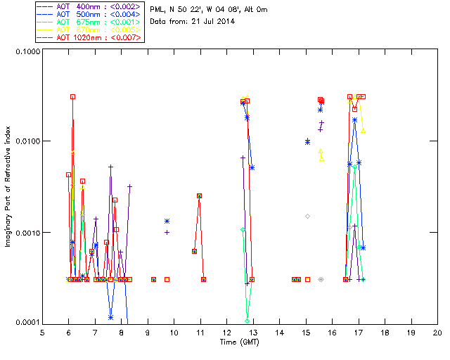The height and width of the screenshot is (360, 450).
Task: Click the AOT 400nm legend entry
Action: (89, 6)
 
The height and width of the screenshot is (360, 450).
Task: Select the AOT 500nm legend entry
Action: (89, 14)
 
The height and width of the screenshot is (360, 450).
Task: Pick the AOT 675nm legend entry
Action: (89, 22)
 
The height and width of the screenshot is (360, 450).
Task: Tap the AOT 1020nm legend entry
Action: (89, 37)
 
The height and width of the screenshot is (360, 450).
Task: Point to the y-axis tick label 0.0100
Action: (27, 142)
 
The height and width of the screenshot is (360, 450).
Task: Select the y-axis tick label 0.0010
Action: (27, 233)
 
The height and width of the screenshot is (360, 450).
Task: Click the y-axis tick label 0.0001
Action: (27, 322)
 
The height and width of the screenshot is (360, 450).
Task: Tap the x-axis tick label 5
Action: (42, 333)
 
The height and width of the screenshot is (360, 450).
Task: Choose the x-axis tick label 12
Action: (226, 333)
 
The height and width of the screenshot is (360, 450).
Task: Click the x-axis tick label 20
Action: (437, 333)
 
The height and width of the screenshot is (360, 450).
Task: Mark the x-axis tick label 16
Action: (332, 333)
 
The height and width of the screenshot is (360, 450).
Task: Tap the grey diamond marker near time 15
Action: (307, 216)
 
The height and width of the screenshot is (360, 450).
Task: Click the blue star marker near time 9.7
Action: (167, 221)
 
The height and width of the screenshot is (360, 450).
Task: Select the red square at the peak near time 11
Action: (200, 196)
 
